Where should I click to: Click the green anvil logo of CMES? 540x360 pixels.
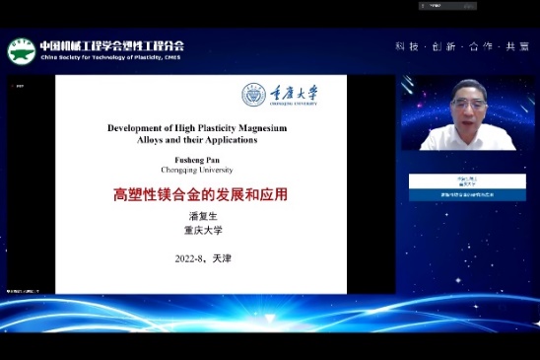click(x=21, y=51)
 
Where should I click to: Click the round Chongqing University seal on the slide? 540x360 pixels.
click(x=254, y=95)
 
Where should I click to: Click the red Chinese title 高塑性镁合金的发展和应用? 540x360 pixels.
click(x=200, y=194)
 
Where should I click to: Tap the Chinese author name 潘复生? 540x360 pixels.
click(x=200, y=216)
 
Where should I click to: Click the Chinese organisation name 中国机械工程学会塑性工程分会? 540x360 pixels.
click(x=111, y=45)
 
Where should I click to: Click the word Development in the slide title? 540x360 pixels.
click(x=137, y=128)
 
